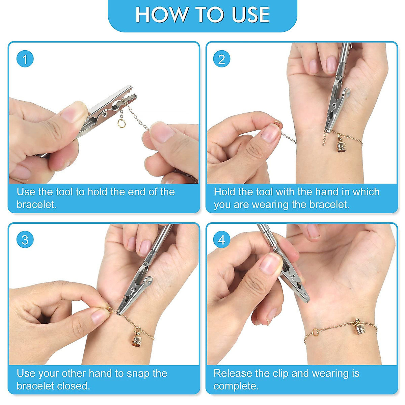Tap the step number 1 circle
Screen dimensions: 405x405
(25, 59)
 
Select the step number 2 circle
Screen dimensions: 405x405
(221, 59)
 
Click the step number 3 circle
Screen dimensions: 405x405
(25, 240)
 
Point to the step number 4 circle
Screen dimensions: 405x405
(221, 240)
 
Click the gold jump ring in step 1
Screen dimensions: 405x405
(122, 123)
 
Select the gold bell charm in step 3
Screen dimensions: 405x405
(137, 340)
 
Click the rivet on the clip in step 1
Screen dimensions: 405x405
(104, 115)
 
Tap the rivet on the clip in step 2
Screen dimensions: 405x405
(334, 104)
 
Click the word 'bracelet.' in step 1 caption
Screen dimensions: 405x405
(36, 205)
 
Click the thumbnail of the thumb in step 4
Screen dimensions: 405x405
(270, 264)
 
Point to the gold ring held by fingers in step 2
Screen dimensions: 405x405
(277, 123)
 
